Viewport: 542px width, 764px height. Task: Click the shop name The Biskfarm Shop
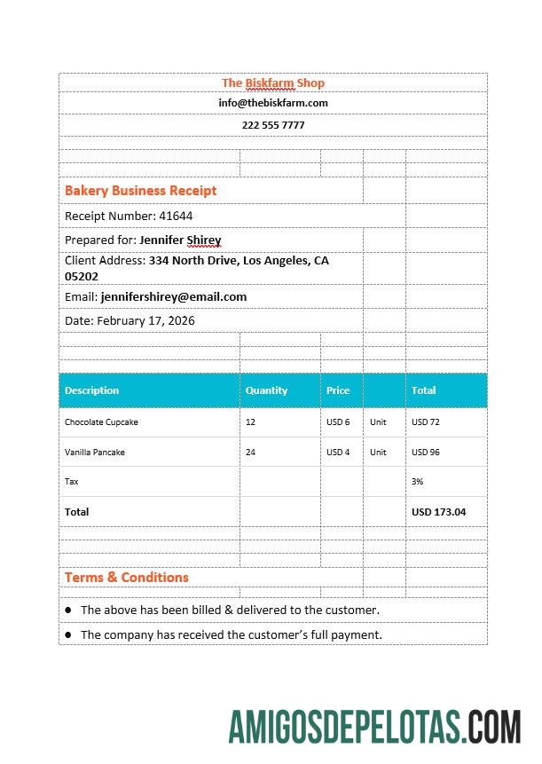click(x=273, y=83)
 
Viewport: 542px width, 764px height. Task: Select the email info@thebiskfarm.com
click(x=273, y=103)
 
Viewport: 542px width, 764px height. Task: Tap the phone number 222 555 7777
click(x=273, y=125)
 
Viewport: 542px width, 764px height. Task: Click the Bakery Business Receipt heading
click(x=140, y=190)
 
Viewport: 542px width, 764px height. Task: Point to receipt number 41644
click(x=176, y=216)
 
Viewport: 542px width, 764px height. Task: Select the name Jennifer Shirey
click(x=180, y=240)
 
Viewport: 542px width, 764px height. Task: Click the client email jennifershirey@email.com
click(x=174, y=296)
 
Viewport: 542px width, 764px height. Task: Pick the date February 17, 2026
click(x=145, y=320)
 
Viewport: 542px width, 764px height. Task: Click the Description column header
click(x=91, y=390)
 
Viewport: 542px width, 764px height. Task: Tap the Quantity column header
click(x=266, y=390)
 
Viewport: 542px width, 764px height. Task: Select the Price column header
click(x=338, y=390)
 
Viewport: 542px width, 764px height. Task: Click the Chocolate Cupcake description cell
click(x=101, y=422)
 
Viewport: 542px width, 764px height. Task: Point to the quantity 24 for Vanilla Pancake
click(x=251, y=453)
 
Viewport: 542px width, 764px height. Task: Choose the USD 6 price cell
click(x=338, y=422)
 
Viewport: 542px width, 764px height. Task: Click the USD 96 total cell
click(x=426, y=453)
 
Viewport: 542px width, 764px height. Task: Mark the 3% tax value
click(x=417, y=482)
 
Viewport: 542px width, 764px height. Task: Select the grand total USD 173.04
click(x=438, y=512)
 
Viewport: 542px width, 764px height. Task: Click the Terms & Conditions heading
click(x=127, y=577)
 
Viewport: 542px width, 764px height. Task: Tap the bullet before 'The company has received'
click(x=68, y=634)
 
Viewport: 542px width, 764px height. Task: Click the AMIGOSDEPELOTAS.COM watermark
click(x=374, y=727)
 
